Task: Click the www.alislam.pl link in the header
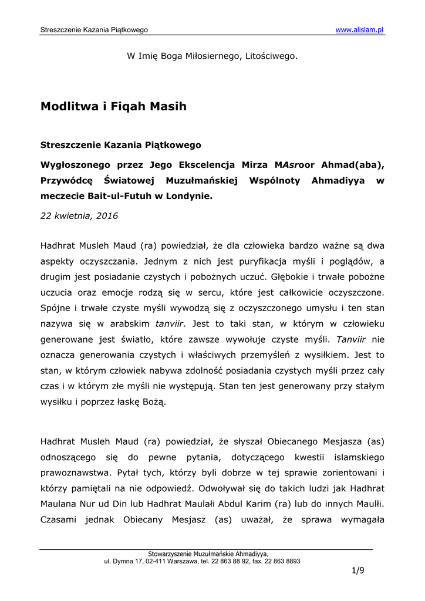tap(359, 29)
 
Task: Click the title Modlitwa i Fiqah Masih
tap(113, 106)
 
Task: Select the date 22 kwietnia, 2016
tap(79, 215)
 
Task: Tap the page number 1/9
tap(358, 570)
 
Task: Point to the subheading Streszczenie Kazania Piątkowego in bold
tap(120, 144)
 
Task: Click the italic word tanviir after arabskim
tap(169, 323)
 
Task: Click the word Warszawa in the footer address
tap(178, 561)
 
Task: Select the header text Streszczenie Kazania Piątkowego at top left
tap(94, 29)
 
